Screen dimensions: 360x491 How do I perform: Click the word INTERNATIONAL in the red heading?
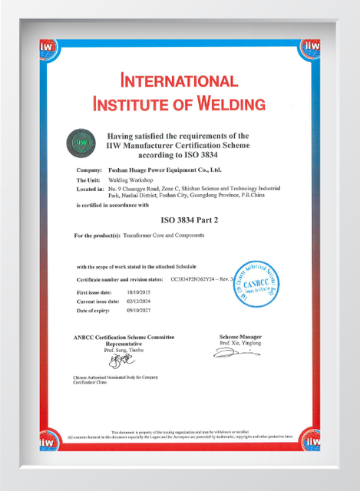(179, 81)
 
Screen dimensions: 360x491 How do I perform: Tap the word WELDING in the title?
(229, 104)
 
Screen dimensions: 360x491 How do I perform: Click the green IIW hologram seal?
(82, 142)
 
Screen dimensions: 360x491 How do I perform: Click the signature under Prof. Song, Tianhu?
(116, 359)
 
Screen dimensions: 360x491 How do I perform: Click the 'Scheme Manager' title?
(240, 337)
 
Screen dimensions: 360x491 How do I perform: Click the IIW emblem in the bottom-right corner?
(311, 439)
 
